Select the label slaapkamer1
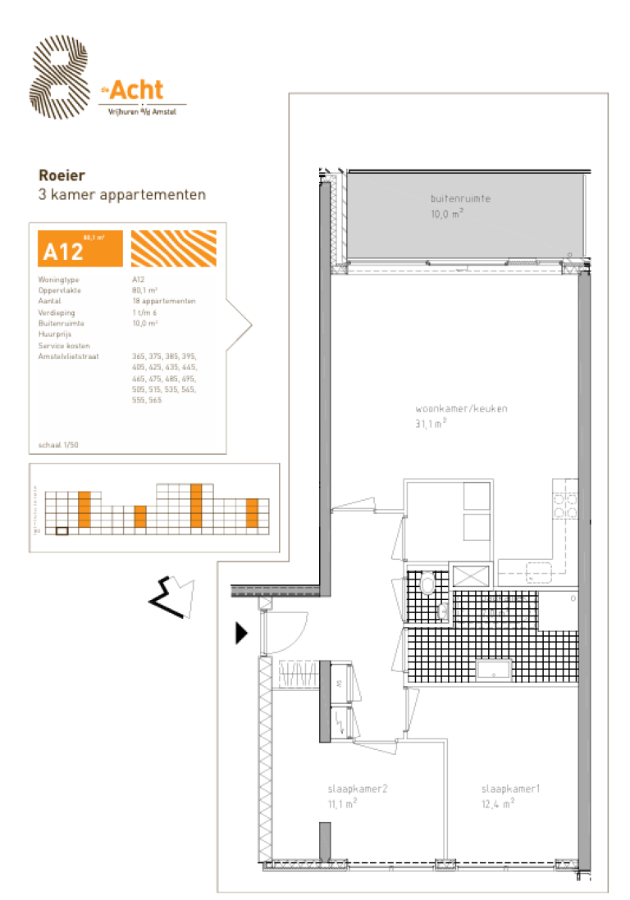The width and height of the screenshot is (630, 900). (509, 789)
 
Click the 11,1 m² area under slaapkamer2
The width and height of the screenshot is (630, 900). (341, 804)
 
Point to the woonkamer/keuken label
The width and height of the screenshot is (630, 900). (450, 408)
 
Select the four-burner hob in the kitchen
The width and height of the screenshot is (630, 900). (564, 506)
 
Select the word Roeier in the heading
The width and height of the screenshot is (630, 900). (62, 175)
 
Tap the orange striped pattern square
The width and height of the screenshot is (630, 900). (174, 248)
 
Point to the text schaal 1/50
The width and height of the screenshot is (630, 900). (59, 445)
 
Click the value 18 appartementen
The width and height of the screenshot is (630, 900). (163, 302)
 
